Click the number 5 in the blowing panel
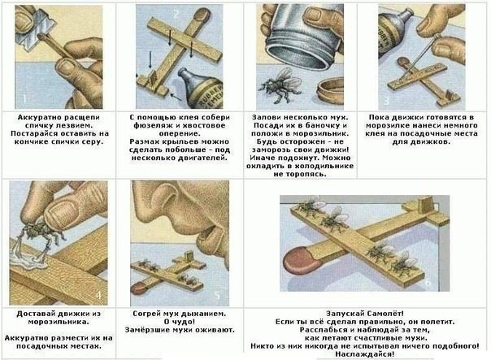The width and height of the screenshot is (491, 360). click(x=217, y=293)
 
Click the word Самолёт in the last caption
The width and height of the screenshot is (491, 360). click(x=380, y=311)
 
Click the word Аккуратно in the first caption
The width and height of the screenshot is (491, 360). click(x=40, y=118)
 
